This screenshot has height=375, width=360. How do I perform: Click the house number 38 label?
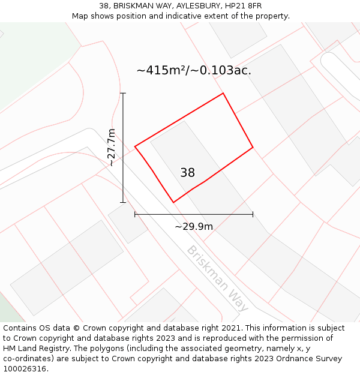187,173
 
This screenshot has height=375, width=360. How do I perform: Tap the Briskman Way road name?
218,278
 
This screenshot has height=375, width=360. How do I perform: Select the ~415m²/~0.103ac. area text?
194,70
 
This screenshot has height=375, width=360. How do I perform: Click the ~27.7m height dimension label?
112,148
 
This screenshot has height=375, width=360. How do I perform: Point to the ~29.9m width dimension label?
194,227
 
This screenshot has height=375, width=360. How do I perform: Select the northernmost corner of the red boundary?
223,93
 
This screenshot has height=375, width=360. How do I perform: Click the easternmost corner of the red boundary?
253,147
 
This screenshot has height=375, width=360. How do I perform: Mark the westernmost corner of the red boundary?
135,146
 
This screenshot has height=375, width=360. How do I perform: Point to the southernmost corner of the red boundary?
173,203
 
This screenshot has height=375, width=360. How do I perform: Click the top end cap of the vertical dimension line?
123,93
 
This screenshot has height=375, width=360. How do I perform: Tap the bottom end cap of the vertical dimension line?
123,202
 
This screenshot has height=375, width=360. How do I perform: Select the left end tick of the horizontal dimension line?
135,214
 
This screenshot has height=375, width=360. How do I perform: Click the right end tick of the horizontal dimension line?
253,214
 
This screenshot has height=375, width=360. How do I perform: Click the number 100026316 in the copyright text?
23,369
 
